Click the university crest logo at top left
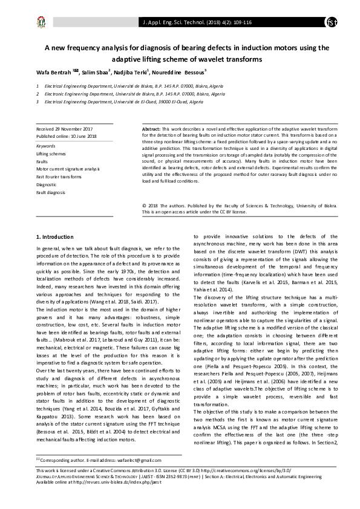tap(40, 23)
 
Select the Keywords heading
tap(46, 146)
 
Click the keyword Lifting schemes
tap(50, 154)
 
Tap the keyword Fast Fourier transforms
tap(59, 177)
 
